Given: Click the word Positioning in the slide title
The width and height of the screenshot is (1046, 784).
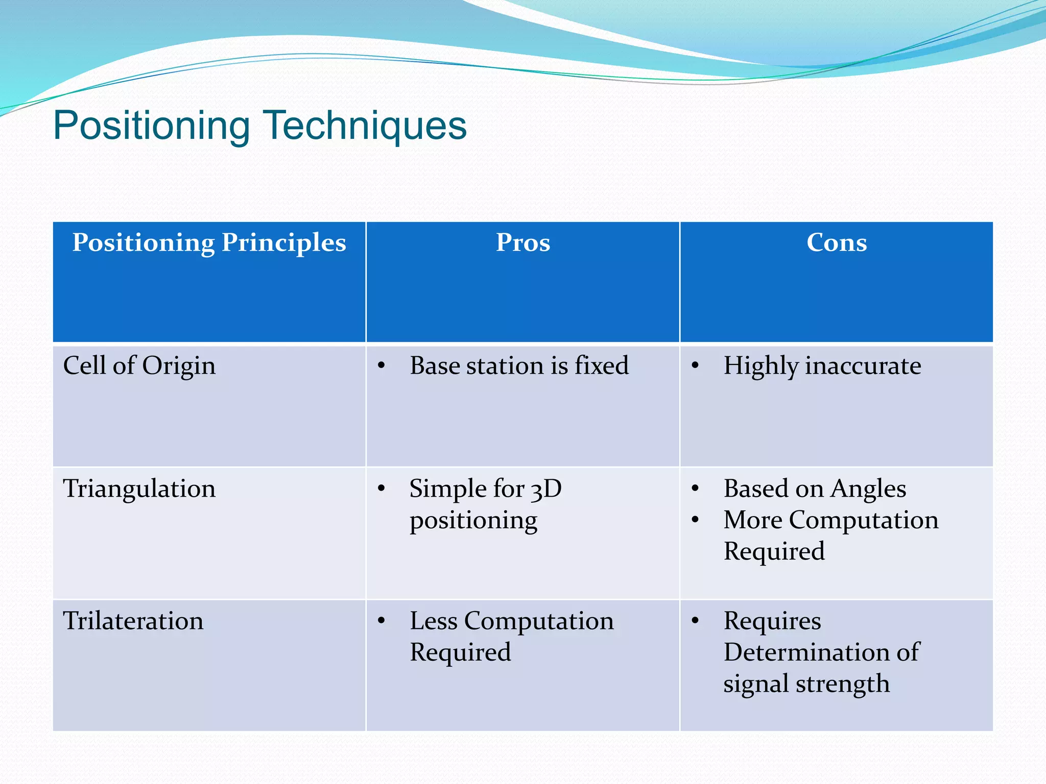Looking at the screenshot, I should [152, 126].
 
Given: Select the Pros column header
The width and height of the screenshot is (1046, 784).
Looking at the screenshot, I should [523, 242].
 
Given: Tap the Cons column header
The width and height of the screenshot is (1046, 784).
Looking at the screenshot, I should [837, 242].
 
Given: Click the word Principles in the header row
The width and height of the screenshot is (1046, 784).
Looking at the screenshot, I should [283, 243].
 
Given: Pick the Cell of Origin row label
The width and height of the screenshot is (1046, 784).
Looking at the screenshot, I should [139, 366].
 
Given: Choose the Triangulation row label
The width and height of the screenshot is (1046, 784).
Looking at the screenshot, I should [139, 489].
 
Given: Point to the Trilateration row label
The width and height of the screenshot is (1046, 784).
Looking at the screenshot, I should [133, 621].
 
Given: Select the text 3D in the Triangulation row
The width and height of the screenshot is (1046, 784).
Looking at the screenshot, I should [546, 489].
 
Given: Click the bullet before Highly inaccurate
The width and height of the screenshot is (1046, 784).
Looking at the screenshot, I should [695, 365].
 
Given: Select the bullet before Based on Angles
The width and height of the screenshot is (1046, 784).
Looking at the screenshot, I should [695, 488].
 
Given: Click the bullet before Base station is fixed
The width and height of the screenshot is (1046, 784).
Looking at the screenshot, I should [381, 365].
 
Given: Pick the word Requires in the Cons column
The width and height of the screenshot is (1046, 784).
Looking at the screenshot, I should [772, 621].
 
